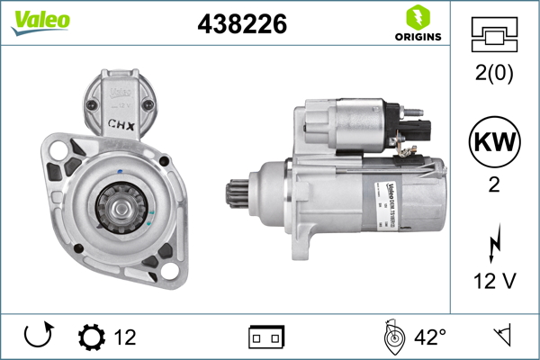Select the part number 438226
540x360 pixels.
241,25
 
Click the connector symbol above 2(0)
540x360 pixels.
494,35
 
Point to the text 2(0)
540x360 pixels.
494,75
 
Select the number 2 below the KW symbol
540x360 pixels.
494,186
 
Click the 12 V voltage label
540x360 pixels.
494,281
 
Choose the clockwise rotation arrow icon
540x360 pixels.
36,337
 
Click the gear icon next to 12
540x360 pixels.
91,337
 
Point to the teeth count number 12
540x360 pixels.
125,337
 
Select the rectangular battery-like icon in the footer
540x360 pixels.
265,337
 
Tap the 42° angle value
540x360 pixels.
431,337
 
